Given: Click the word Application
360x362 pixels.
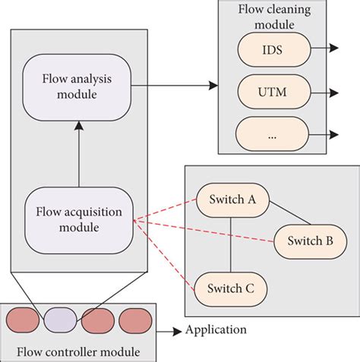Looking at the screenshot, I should [x=216, y=330].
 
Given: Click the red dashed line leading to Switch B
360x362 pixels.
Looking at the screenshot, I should [x=205, y=231].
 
